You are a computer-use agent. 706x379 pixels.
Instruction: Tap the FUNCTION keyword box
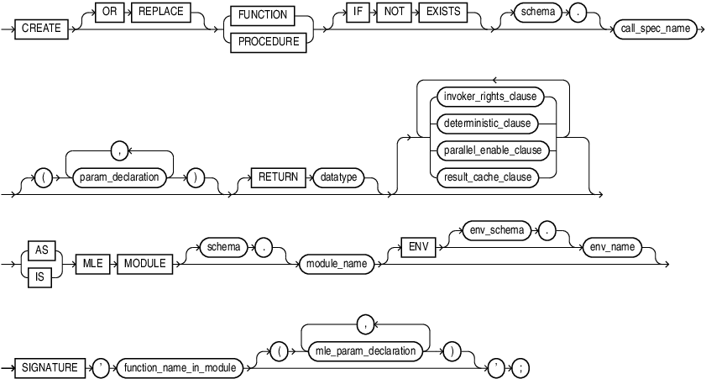(264, 14)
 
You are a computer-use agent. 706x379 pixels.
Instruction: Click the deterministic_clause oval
(486, 123)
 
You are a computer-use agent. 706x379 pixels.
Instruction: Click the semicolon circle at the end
(523, 367)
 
